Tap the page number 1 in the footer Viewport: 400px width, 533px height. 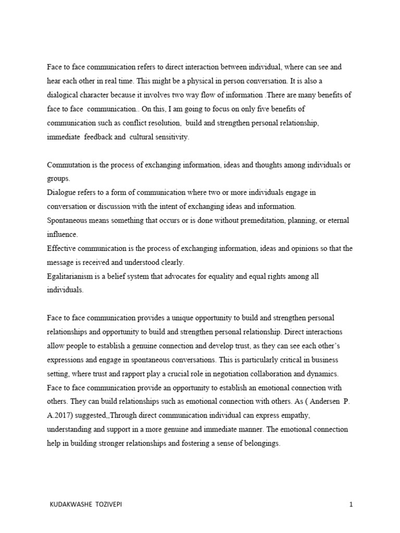[x=352, y=504]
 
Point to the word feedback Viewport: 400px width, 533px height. [x=106, y=137]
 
